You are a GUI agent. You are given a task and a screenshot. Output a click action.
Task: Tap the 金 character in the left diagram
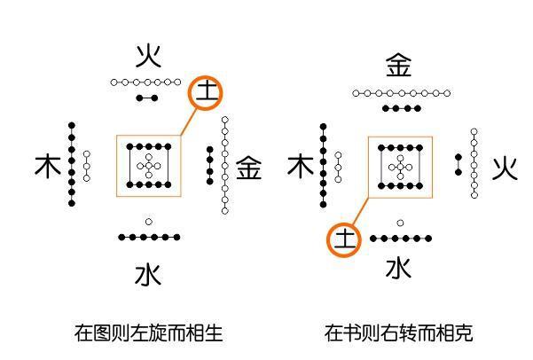[249, 168]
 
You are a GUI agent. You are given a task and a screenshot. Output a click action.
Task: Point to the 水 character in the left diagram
[148, 275]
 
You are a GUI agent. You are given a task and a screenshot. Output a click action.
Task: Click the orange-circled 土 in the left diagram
[205, 91]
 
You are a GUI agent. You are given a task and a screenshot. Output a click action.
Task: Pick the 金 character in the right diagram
[399, 66]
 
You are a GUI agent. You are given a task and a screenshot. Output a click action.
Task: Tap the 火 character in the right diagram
[505, 168]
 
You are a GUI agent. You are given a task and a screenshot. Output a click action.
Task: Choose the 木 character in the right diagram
[301, 166]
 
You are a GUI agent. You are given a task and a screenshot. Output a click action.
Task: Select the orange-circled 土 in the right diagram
[344, 239]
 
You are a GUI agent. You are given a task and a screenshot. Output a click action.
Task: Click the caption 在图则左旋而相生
[149, 333]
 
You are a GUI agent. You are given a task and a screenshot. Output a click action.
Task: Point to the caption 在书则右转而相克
[399, 333]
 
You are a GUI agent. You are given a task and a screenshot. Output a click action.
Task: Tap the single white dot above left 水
[148, 222]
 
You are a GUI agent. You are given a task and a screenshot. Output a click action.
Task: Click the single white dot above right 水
[401, 223]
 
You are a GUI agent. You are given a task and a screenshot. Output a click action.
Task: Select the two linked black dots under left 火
[148, 97]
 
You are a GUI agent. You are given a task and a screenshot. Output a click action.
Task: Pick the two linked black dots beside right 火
[459, 163]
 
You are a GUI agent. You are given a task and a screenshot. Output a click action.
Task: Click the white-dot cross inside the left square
[148, 165]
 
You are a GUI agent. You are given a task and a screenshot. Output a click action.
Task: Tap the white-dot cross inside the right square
[401, 166]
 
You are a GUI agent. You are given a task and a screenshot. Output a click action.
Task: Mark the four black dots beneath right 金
[401, 108]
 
